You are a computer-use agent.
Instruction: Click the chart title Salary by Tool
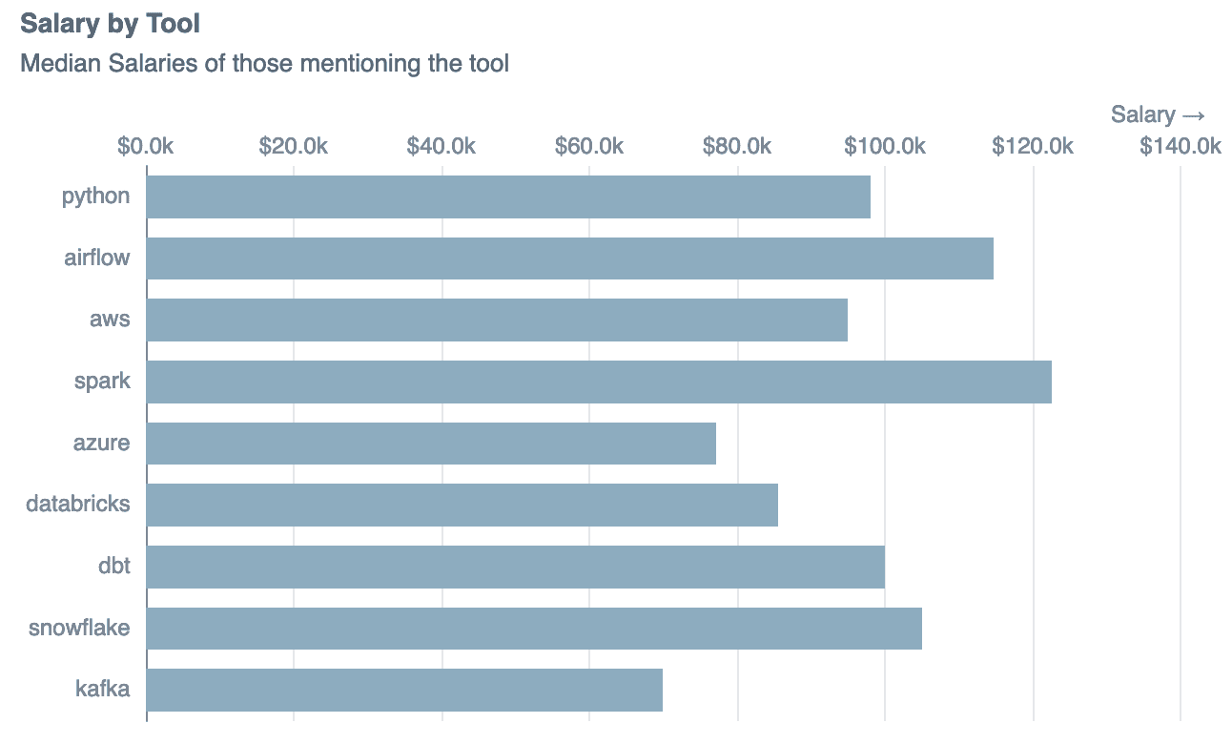click(110, 23)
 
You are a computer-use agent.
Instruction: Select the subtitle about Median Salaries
click(264, 64)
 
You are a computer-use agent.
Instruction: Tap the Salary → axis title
click(1158, 114)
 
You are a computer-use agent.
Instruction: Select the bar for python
click(508, 196)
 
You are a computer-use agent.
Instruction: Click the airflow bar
click(569, 258)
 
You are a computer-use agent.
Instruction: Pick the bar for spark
click(599, 382)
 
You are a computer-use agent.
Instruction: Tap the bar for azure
click(431, 444)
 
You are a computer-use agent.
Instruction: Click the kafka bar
click(404, 690)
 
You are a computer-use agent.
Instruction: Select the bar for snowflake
click(534, 629)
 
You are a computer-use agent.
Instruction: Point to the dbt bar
click(515, 567)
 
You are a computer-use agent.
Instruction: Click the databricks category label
click(78, 504)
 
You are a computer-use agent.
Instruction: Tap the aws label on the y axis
click(110, 320)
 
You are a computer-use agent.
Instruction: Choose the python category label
click(95, 196)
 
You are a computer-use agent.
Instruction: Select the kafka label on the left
click(102, 689)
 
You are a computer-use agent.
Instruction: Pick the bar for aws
click(497, 320)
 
